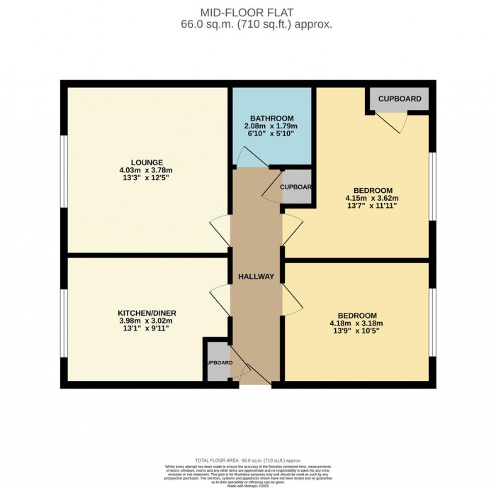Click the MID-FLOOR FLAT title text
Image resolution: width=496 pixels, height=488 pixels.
[x=247, y=12]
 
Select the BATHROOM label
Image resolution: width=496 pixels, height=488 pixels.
[x=272, y=118]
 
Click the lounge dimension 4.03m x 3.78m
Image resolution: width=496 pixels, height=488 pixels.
[x=147, y=170]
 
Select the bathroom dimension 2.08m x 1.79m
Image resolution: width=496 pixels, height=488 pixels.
[x=272, y=126]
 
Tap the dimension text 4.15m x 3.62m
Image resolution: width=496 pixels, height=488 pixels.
[x=373, y=199]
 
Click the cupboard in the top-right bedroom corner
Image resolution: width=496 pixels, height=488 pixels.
[x=399, y=99]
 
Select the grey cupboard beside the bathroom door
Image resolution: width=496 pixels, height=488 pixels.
[x=296, y=187]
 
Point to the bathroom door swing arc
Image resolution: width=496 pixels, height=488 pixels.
[x=249, y=157]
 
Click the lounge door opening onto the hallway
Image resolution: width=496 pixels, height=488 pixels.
[x=220, y=231]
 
